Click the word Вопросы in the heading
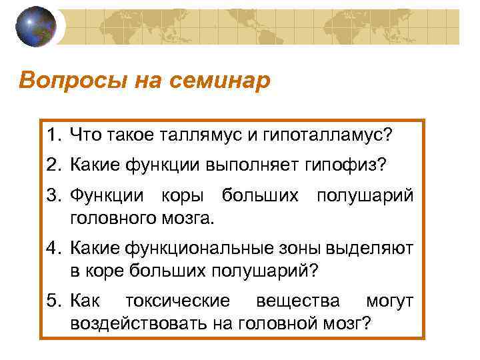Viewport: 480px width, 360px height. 61,81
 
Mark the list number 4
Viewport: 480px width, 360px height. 53,249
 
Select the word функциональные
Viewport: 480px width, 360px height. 207,249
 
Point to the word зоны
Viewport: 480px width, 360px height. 301,249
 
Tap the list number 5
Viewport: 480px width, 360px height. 53,302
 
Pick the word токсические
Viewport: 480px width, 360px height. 174,302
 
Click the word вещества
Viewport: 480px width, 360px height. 298,302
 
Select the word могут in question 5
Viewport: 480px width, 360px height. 389,302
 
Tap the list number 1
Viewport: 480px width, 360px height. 53,135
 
